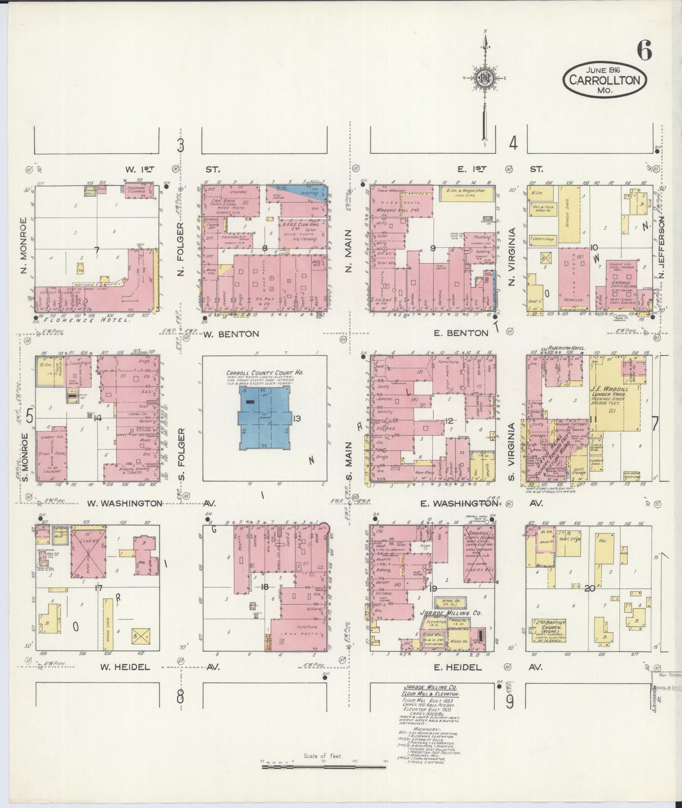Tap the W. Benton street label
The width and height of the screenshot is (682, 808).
pos(231,334)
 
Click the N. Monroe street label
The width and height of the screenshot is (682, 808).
pos(23,245)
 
